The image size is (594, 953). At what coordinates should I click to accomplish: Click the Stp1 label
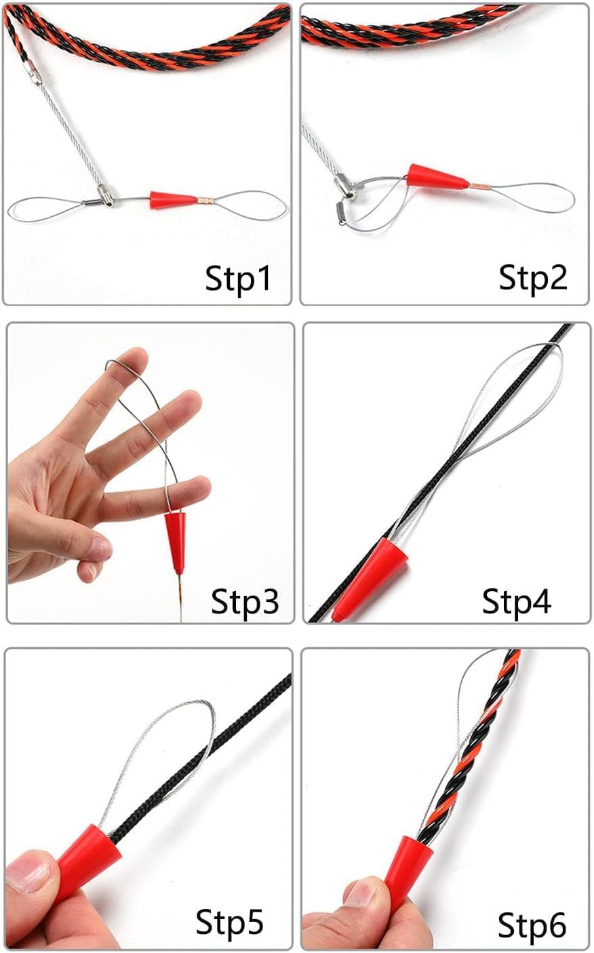click(x=238, y=279)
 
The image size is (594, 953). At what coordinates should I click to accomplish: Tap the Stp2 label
click(x=533, y=277)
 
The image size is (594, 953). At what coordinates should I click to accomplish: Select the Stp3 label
click(x=245, y=601)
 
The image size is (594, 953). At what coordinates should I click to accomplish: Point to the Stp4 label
click(x=517, y=601)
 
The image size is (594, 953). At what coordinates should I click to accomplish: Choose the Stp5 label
click(x=229, y=921)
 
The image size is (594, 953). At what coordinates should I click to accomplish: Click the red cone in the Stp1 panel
click(x=173, y=200)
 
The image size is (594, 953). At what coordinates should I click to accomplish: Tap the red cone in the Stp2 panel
click(x=436, y=178)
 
